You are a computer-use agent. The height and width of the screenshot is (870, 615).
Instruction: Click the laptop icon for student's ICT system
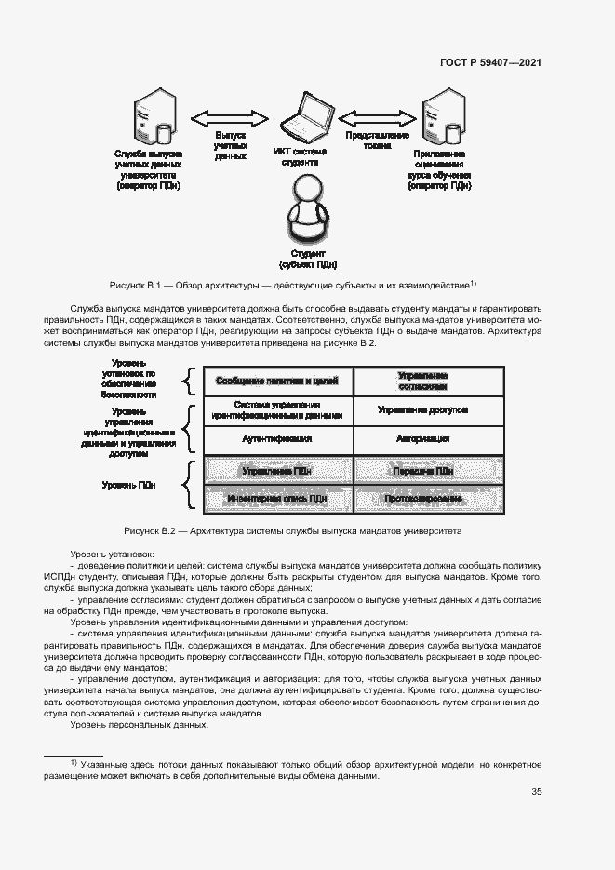click(x=304, y=117)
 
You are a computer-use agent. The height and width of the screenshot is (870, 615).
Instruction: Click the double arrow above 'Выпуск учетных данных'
click(x=229, y=118)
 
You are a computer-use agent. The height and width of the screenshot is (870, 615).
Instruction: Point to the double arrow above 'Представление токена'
click(x=377, y=118)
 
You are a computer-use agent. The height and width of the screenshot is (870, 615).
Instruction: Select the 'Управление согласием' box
click(x=429, y=381)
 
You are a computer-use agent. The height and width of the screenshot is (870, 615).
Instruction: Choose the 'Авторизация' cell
click(x=429, y=437)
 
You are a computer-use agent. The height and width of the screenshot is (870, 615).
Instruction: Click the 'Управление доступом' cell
click(x=429, y=409)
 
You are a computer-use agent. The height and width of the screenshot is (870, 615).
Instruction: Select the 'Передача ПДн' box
click(x=429, y=472)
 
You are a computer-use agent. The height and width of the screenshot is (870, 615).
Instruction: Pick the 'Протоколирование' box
click(x=429, y=499)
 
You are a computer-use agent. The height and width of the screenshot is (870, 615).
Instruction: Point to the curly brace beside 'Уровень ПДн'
click(x=185, y=485)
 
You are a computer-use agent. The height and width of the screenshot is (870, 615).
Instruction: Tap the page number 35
click(x=536, y=792)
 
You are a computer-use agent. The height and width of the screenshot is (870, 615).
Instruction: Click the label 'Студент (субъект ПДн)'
click(x=307, y=258)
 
